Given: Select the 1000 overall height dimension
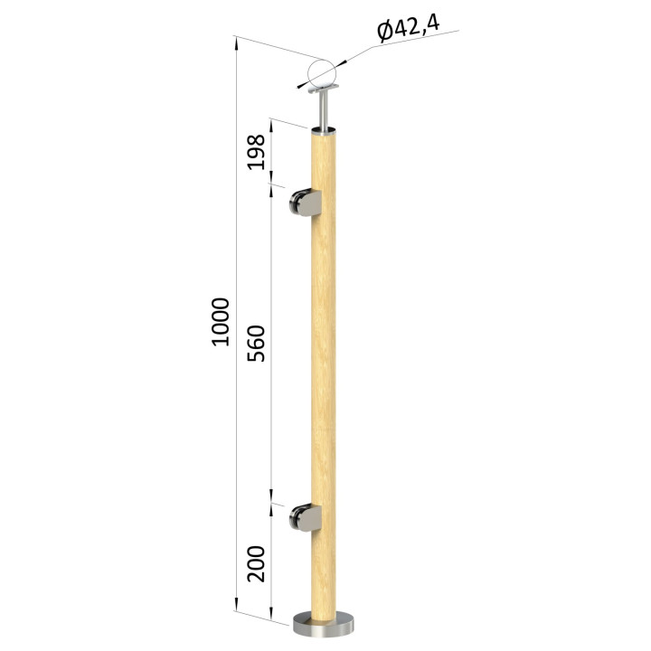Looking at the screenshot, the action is tap(220, 322).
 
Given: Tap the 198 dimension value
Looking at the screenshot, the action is tap(256, 152).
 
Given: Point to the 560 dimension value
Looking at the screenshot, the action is tap(256, 344).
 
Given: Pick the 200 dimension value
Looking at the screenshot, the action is tap(256, 563).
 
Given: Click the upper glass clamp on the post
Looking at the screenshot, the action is tap(306, 203).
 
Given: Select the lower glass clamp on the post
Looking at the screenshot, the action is tap(306, 518).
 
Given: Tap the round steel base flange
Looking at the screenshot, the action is tap(324, 625).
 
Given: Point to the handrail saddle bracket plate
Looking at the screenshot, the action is tap(324, 89).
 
